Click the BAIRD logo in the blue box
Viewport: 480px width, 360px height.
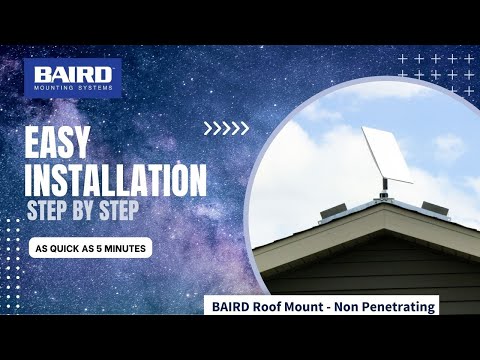point(71,74)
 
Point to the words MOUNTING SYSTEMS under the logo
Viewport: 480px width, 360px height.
point(72,88)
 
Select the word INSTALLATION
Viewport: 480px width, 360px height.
point(115,180)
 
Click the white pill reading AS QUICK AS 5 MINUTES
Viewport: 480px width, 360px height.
point(91,247)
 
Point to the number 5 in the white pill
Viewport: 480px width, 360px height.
point(103,247)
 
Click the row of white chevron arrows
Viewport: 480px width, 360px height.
point(226,128)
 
